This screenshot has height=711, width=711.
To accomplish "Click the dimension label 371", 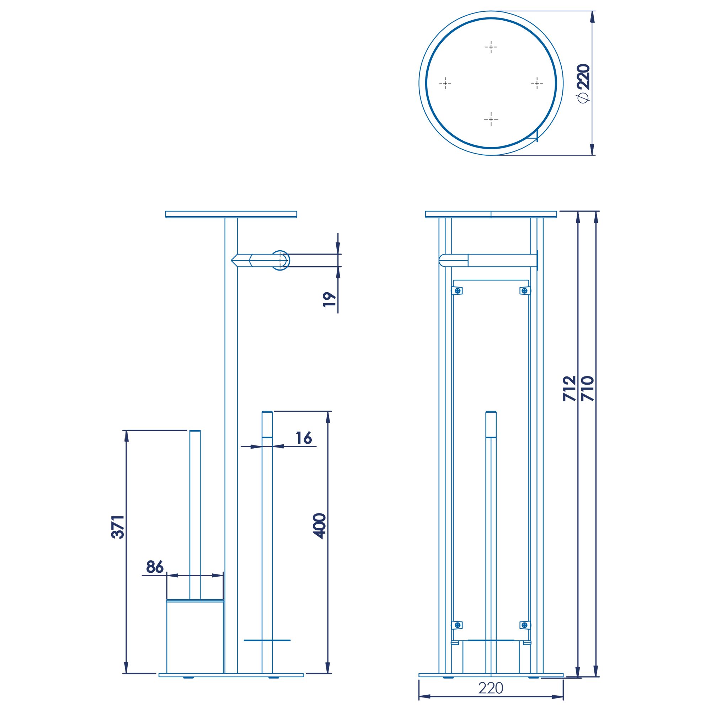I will [118, 527].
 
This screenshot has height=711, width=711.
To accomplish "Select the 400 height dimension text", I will [319, 526].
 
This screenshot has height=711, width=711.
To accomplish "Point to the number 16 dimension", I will [304, 438].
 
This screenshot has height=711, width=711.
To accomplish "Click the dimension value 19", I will [329, 300].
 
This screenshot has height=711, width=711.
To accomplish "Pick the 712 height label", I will [569, 388].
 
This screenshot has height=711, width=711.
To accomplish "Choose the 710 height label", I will [587, 388].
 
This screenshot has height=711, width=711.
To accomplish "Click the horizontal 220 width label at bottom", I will [491, 688].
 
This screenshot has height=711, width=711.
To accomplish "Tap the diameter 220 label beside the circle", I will [584, 83].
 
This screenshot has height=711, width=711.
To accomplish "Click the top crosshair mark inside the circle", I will [491, 47].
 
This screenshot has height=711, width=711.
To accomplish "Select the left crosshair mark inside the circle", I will [445, 83].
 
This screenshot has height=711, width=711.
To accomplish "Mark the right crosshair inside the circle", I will [537, 83].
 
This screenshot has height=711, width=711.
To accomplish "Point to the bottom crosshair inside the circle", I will [491, 119].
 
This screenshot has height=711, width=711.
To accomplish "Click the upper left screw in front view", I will [458, 291].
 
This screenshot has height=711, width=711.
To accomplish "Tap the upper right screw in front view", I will [524, 291].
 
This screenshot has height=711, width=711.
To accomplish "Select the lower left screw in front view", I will [458, 625].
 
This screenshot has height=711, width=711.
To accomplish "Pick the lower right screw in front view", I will [524, 625].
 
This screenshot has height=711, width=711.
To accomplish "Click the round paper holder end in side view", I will [280, 261].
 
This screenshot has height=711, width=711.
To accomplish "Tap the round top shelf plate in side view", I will [231, 214].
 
